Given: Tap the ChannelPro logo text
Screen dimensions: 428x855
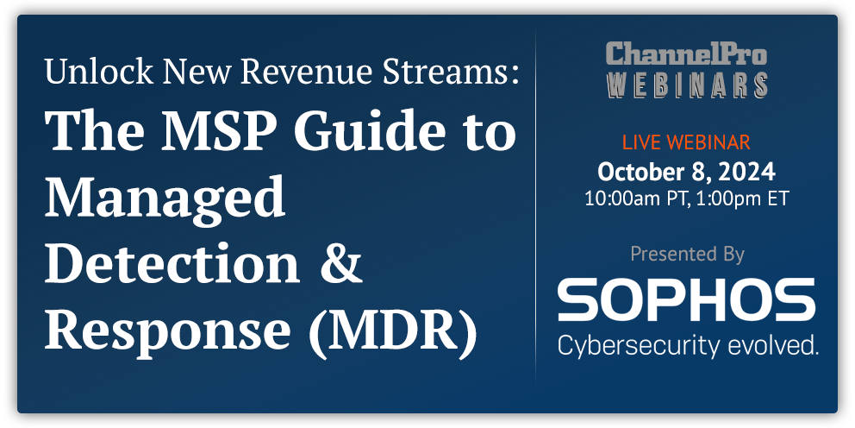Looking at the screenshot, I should pyautogui.click(x=686, y=53).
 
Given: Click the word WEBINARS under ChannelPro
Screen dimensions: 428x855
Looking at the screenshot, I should pyautogui.click(x=686, y=83).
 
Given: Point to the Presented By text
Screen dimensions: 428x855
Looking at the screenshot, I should pyautogui.click(x=686, y=254).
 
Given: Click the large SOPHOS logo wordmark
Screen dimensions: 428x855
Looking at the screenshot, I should pyautogui.click(x=686, y=299).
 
